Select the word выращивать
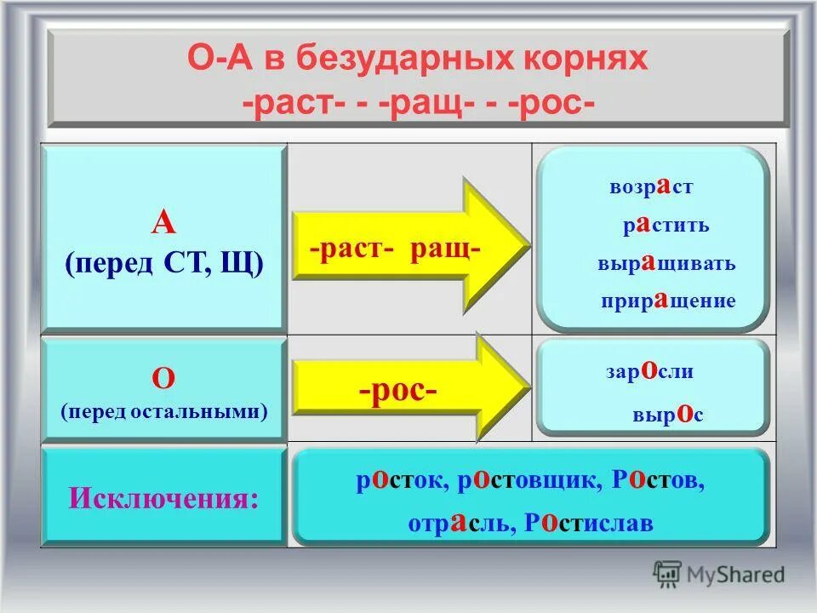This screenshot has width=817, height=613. point(666,264)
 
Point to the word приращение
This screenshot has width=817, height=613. point(667,301)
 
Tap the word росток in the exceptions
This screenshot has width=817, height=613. point(399,482)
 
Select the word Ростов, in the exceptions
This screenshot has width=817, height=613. point(658,482)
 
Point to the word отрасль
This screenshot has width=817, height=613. point(460,523)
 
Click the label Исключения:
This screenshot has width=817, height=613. point(163,496)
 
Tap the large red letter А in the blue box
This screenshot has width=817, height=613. point(163,222)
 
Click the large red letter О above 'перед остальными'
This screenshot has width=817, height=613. point(163,377)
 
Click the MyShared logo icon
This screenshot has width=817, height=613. point(668,573)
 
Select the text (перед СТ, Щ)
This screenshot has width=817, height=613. point(163,263)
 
